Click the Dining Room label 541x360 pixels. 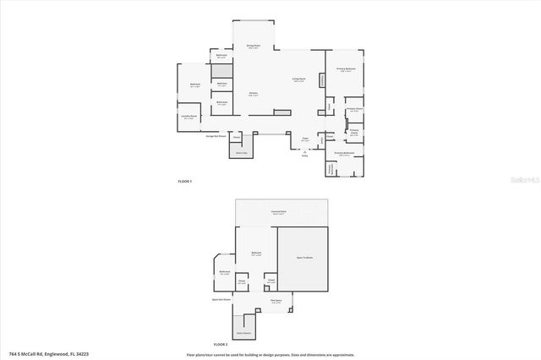[252, 46]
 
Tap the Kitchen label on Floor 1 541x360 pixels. [253, 94]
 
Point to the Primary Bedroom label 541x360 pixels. [346, 69]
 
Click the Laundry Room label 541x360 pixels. [189, 117]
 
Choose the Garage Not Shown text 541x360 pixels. [215, 135]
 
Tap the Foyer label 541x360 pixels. [305, 140]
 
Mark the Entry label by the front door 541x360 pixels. [304, 154]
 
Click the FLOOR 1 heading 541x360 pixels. [185, 181]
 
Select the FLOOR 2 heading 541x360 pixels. [221, 345]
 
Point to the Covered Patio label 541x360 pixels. [278, 212]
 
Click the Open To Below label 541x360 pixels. [303, 257]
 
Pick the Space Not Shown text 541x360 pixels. [221, 300]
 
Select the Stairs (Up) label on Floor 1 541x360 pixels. [241, 152]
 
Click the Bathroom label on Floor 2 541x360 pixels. [225, 272]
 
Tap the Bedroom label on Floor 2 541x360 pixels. [255, 253]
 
